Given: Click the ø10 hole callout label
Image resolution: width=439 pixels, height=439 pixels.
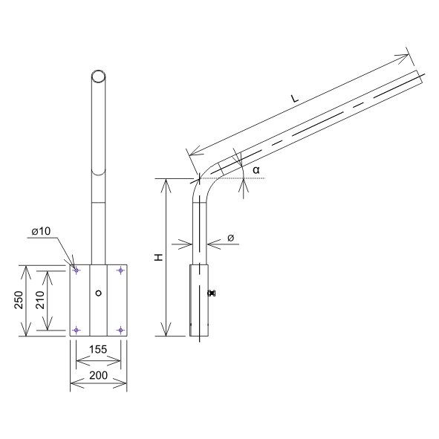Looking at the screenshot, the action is point(41,231).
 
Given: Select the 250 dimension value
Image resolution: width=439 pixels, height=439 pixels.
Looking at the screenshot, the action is point(19,300).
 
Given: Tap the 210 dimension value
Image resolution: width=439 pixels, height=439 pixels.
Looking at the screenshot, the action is point(41,300).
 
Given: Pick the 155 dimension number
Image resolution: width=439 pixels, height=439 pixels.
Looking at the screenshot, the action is point(98,349).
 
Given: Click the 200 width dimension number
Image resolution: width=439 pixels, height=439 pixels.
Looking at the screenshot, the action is point(98,375).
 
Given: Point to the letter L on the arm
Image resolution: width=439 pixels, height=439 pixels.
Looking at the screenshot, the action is point(295,98).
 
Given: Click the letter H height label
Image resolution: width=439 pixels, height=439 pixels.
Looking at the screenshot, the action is point(159,258).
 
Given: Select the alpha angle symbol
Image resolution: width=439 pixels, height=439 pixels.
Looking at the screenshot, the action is point(256,169).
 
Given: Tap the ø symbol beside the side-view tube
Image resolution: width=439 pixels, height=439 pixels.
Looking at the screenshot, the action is point(230,238).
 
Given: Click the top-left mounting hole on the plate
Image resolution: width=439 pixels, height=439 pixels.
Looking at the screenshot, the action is point(76,270).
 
